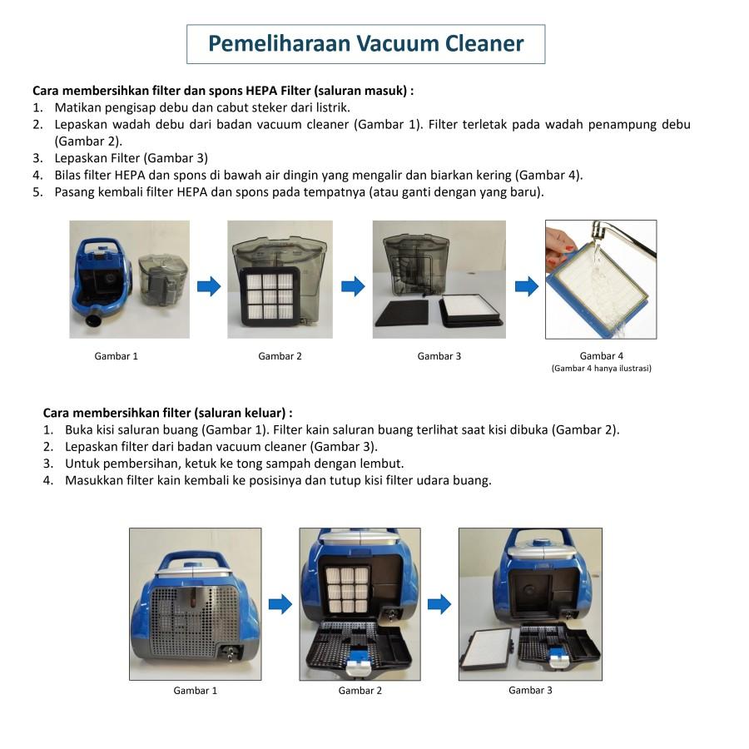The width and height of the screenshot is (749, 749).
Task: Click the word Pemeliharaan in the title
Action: [280, 44]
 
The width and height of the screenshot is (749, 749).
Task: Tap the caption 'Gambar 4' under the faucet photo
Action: [601, 356]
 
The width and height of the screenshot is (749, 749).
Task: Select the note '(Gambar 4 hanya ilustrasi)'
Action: [602, 369]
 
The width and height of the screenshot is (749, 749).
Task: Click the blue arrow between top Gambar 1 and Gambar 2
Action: [209, 286]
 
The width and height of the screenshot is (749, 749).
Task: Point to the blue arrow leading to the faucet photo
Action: [527, 286]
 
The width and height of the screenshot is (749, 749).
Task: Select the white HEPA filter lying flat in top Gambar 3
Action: [472, 310]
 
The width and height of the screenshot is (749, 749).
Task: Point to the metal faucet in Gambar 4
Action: [621, 237]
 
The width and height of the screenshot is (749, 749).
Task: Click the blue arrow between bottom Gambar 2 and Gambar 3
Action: [439, 604]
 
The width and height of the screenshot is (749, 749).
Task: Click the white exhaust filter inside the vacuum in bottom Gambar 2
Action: [348, 589]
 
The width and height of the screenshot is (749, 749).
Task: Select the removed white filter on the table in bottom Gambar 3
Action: [486, 650]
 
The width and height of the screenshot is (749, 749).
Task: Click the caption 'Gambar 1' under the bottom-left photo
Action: [195, 690]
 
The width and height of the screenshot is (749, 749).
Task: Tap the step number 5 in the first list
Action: [37, 192]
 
